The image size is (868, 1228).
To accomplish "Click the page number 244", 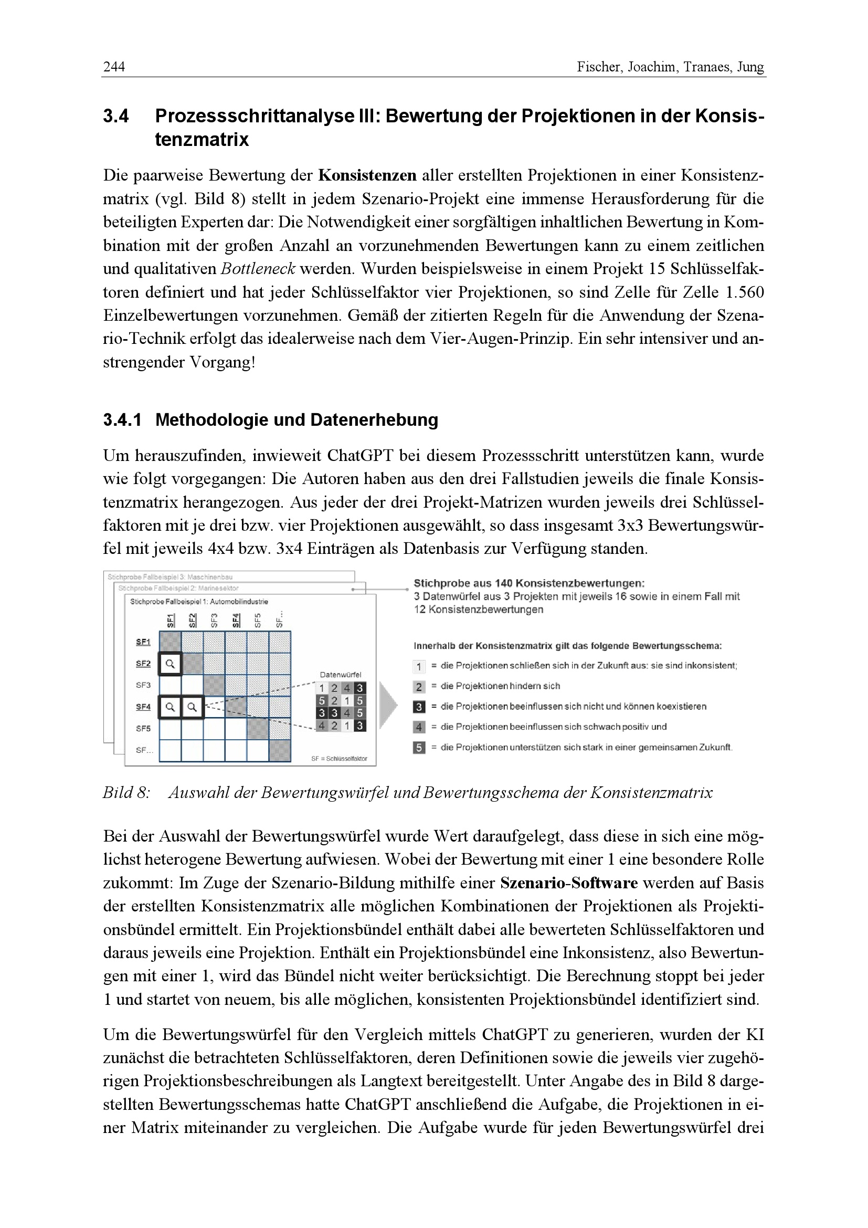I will tap(114, 67).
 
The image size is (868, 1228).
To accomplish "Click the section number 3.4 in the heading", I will tap(116, 116).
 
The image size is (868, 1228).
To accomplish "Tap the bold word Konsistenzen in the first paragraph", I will tap(367, 175).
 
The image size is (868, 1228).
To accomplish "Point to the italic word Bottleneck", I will tap(258, 269).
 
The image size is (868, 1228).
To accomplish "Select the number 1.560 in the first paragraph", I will tap(745, 292).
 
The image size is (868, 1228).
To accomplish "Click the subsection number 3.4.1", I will tap(122, 420).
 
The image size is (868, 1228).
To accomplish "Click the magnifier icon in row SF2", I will tap(170, 664).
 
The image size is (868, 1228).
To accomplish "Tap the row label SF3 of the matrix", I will tap(143, 685).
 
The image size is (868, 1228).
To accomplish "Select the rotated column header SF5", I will tap(258, 620).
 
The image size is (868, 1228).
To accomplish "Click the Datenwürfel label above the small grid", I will tap(341, 675).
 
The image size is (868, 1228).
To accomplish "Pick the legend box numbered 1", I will tap(419, 666).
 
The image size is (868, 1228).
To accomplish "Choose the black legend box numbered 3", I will tap(419, 707).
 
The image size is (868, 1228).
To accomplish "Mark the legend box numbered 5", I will tap(419, 748).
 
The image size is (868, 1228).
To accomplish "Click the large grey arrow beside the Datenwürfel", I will tap(388, 706).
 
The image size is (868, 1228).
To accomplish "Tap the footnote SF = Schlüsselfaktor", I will tap(339, 759).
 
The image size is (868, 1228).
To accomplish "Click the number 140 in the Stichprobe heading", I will tap(503, 583).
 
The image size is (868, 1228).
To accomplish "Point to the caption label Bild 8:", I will tap(126, 793).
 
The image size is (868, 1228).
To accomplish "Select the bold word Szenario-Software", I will tap(569, 883).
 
